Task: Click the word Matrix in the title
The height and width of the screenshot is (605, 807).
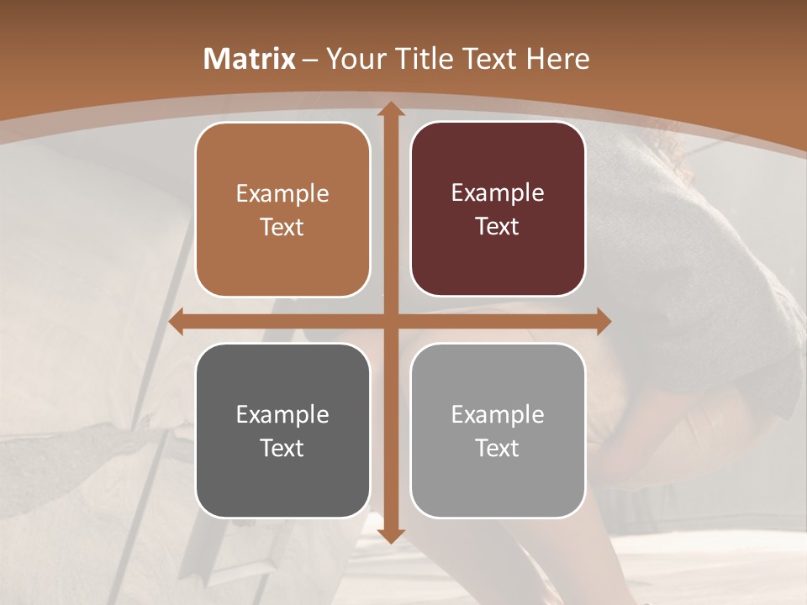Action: coord(250,59)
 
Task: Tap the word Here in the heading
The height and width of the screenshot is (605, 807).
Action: coord(557,59)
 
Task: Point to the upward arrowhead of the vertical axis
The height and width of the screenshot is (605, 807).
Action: coord(390,109)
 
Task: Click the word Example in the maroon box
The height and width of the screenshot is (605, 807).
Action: coord(498,192)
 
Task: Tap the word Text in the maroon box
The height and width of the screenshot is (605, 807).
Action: coord(498,226)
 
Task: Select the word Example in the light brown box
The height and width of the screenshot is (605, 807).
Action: coord(282,193)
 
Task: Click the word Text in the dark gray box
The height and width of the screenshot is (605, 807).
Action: coord(282,448)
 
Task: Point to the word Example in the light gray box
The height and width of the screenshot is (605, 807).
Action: coord(498,414)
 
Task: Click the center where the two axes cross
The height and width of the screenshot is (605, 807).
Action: coord(390,321)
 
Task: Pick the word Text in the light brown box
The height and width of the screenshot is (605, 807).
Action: coord(282,227)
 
